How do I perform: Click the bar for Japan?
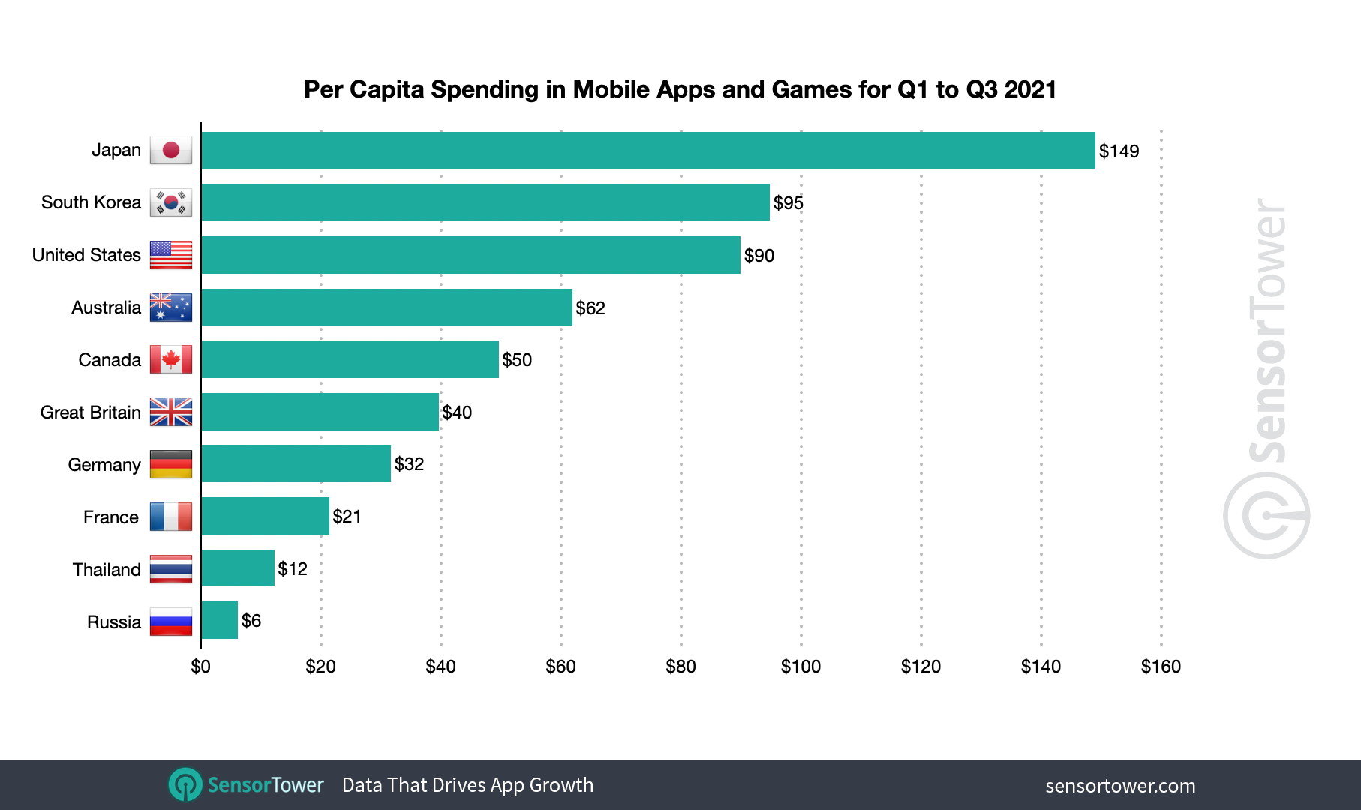(x=648, y=151)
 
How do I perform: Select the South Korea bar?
(x=485, y=202)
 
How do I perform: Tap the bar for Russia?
(x=220, y=620)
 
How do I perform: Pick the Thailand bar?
(x=238, y=568)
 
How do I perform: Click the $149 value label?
(x=1119, y=151)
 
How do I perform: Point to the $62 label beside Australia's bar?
(x=590, y=308)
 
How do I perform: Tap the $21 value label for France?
(x=347, y=517)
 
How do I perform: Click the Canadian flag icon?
(x=171, y=360)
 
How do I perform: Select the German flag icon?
(x=171, y=464)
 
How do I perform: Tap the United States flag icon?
(x=171, y=255)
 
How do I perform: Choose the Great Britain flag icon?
(x=171, y=412)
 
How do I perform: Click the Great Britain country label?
(x=91, y=412)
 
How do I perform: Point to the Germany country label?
(x=104, y=465)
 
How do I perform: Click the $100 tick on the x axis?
(x=801, y=667)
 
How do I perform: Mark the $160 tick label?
(x=1161, y=667)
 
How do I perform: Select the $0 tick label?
(x=200, y=667)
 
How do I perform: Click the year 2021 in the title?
(x=1030, y=89)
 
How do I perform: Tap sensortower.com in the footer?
(x=1120, y=786)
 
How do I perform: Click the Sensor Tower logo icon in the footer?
(x=185, y=785)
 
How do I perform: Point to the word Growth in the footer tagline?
(x=561, y=785)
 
